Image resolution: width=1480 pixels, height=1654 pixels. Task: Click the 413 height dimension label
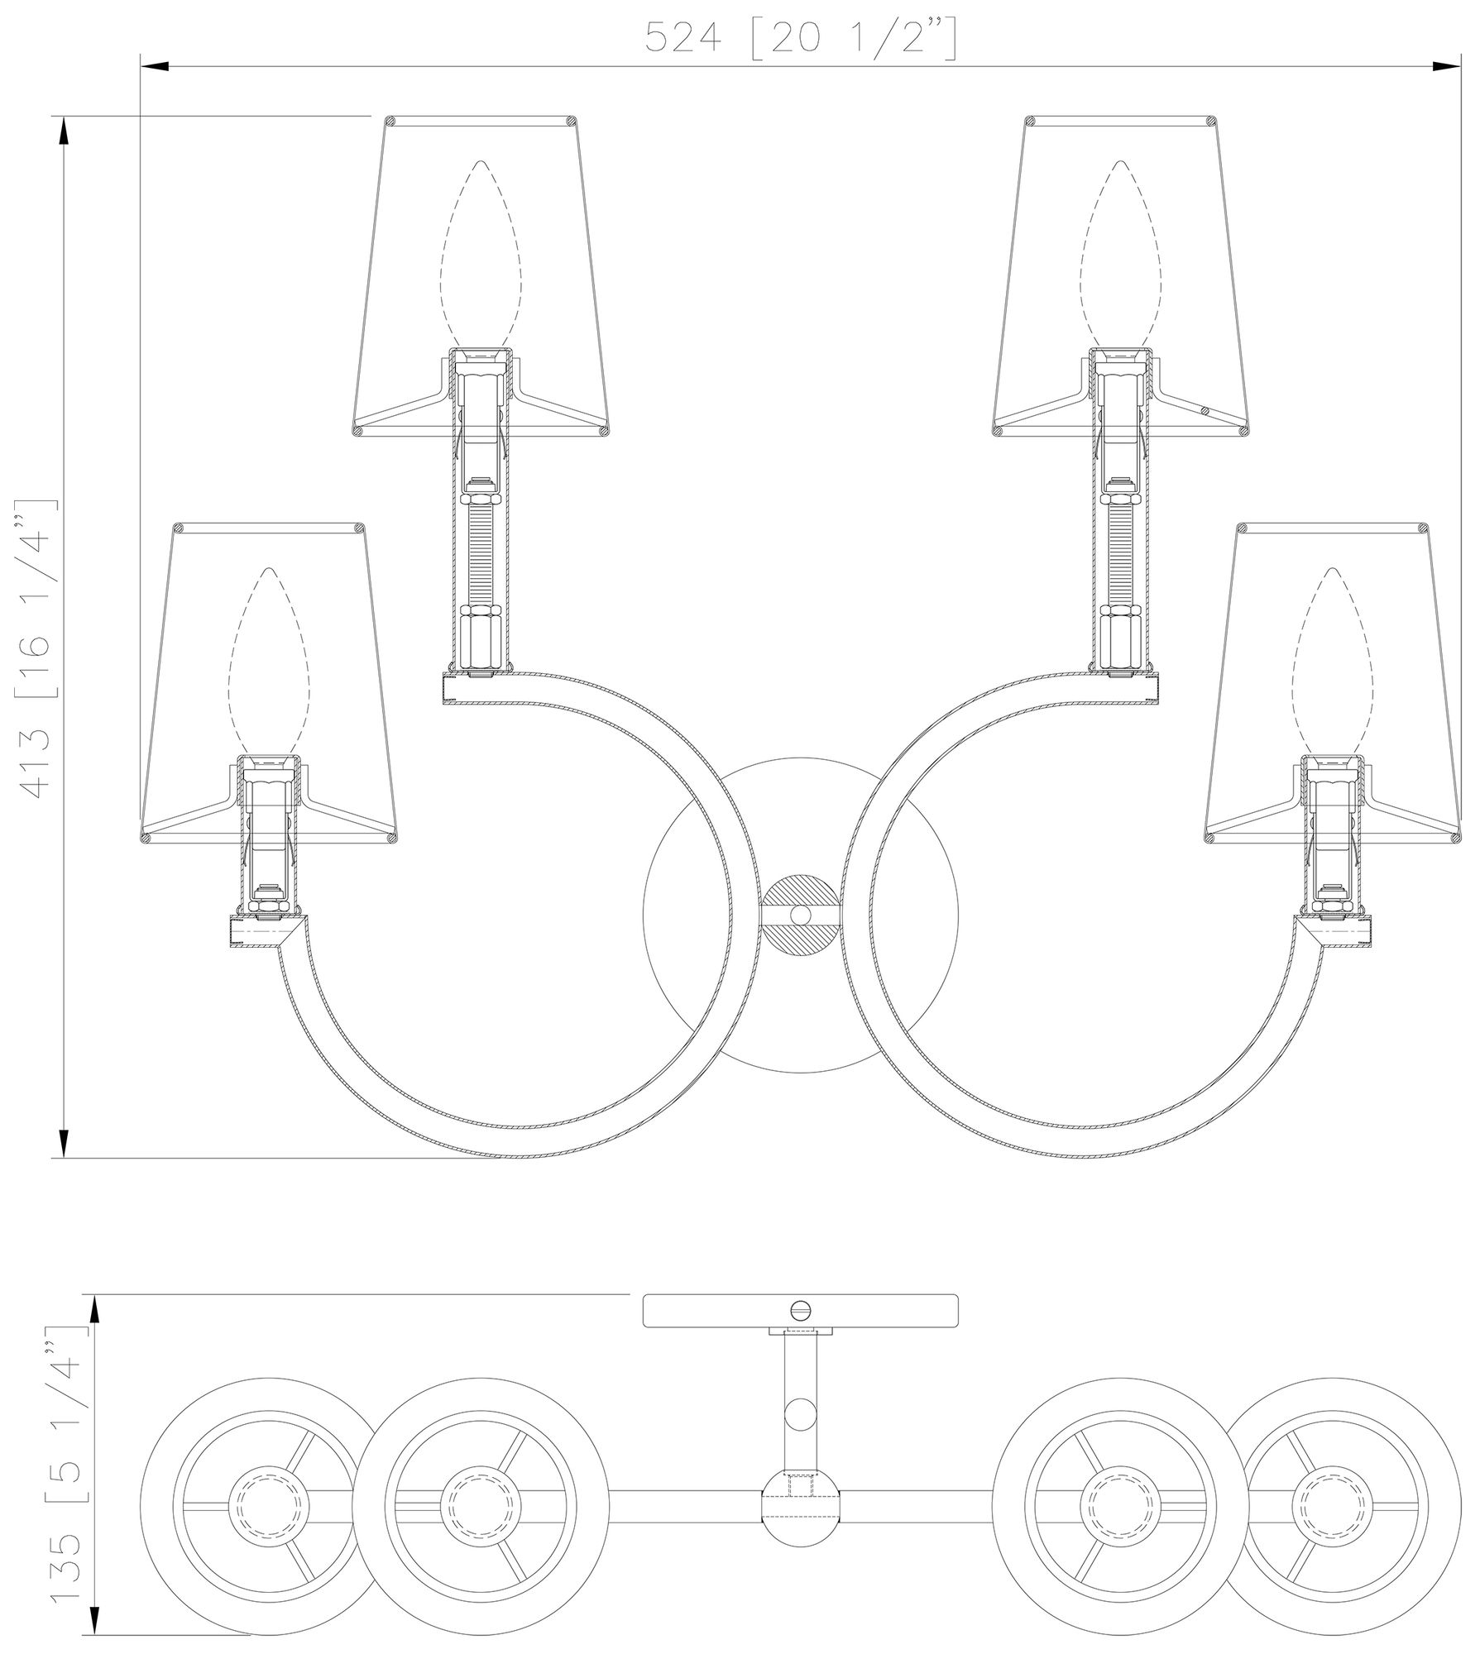pyautogui.click(x=40, y=648)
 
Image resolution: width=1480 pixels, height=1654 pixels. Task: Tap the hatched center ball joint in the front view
pyautogui.click(x=800, y=915)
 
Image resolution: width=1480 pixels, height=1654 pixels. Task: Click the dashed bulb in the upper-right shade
pyautogui.click(x=1121, y=254)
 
